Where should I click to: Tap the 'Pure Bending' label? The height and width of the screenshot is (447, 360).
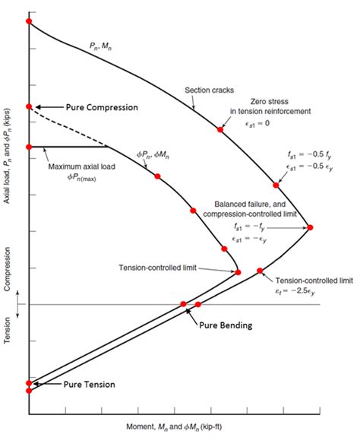click(x=226, y=325)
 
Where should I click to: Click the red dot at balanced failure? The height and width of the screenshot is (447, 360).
click(x=309, y=227)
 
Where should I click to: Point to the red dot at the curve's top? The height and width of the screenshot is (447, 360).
click(x=29, y=21)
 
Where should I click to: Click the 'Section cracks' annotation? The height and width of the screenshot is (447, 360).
click(x=208, y=90)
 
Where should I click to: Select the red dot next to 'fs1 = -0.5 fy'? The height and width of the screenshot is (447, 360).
click(x=276, y=185)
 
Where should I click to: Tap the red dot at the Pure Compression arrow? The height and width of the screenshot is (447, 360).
click(x=29, y=107)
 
